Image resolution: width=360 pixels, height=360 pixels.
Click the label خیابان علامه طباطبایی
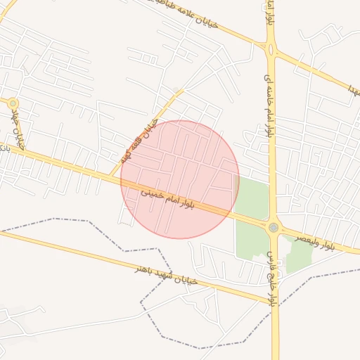click(x=194, y=15)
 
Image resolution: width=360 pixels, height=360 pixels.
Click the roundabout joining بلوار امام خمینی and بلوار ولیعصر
click(x=274, y=227)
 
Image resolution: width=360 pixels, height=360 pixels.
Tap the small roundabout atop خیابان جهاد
click(x=13, y=103)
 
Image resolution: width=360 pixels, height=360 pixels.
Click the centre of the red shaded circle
click(x=180, y=179)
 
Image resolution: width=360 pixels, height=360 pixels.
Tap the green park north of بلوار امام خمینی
click(x=251, y=198)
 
